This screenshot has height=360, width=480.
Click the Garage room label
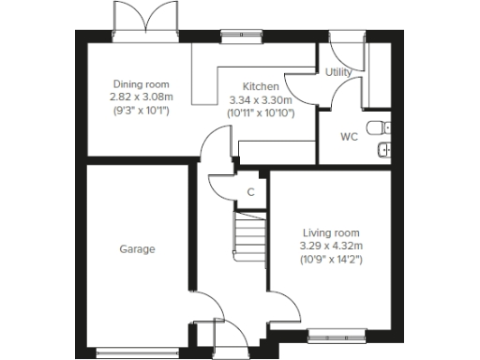(137, 249)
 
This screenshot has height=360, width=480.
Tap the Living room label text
(330, 233)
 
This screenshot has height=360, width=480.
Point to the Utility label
(337, 72)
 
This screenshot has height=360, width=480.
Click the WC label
(349, 137)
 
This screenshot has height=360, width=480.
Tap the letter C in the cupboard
(250, 192)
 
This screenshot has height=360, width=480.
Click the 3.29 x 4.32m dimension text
(330, 246)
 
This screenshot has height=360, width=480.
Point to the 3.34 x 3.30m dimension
(261, 99)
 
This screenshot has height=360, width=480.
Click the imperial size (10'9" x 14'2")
(330, 259)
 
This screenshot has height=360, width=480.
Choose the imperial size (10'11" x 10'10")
(261, 112)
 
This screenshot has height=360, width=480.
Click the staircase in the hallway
(249, 234)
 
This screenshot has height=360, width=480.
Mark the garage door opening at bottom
(137, 352)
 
